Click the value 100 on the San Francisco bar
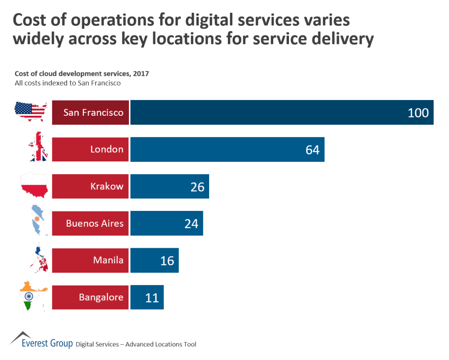[x=418, y=113]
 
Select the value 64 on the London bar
[x=312, y=150]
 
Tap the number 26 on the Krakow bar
[x=197, y=187]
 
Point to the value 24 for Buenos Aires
[x=191, y=224]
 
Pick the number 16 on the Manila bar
[x=167, y=261]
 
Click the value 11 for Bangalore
[x=152, y=298]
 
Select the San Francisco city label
[x=93, y=113]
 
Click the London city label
[x=107, y=150]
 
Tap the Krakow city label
[x=107, y=186]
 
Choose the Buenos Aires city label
[x=95, y=224]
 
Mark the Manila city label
[x=108, y=260]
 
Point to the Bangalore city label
[x=101, y=298]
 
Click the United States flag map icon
[x=31, y=112]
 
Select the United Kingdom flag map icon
[x=39, y=147]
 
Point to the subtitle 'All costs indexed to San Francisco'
[x=68, y=82]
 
